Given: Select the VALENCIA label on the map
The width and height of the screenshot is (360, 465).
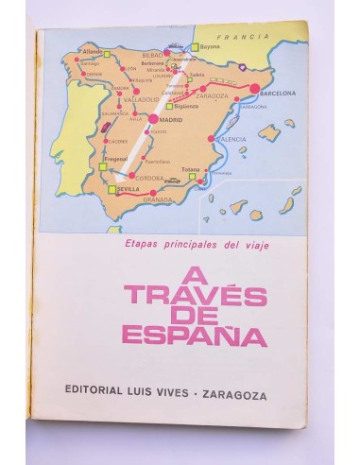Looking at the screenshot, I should click(x=232, y=139).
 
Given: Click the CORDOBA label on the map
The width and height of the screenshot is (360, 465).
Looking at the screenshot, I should click(x=151, y=177).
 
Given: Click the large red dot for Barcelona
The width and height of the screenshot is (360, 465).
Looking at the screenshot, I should click(x=254, y=90).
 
